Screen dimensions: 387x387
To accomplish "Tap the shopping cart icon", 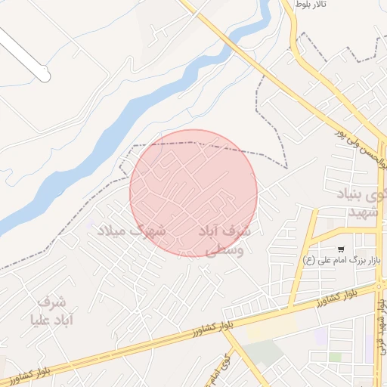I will click(342, 249).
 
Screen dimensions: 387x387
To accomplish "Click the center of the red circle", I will click(193, 193).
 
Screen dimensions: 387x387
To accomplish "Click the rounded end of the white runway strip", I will click(45, 76).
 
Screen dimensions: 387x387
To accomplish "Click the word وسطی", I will click(229, 249).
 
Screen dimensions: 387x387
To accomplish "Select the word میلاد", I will click(114, 230).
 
